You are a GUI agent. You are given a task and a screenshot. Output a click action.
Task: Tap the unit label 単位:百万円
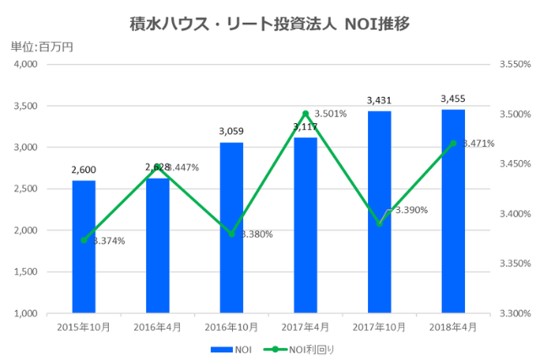pos(42,46)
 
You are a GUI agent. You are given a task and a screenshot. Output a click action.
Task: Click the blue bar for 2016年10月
pos(231,228)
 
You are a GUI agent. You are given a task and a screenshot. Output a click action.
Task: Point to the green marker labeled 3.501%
pos(305,113)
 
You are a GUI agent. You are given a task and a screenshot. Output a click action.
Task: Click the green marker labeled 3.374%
pos(84,240)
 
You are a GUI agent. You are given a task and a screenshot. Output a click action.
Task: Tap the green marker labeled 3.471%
pos(453,143)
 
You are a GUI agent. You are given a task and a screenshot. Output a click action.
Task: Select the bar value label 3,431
pos(379,100)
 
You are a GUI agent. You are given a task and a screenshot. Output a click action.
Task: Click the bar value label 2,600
pos(84,169)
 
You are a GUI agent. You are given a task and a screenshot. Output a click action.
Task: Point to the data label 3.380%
pos(256,234)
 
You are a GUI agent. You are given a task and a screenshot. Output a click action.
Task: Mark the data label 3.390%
pos(411,210)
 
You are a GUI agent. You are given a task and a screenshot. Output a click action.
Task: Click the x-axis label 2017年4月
pos(305,325)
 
